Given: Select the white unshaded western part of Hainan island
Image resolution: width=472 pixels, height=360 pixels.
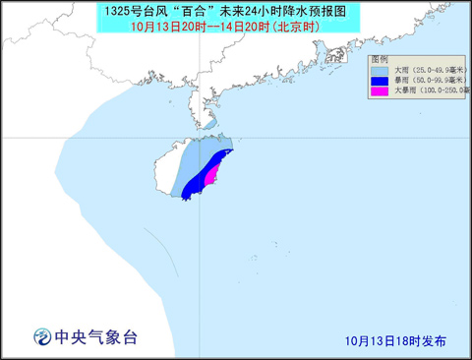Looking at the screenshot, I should (166, 169).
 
